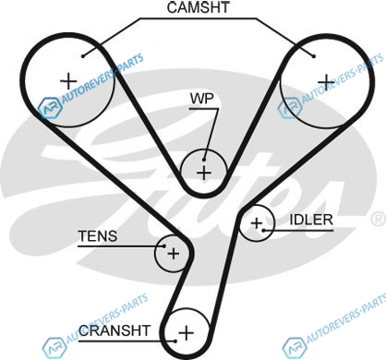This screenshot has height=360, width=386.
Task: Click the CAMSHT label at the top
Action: [198, 7]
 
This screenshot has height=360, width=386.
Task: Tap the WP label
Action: [201, 99]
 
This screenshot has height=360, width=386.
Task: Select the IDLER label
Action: [311, 220]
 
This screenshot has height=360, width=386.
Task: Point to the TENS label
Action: [98, 236]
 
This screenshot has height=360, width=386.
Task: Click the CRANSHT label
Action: [115, 330]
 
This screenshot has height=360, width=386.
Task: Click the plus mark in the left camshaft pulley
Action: [68, 81]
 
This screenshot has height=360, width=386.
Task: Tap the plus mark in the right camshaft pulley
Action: [326, 82]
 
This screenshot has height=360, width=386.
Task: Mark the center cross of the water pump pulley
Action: [204, 173]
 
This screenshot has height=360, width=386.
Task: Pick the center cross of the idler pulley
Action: [257, 223]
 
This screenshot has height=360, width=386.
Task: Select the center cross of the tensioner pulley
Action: [174, 254]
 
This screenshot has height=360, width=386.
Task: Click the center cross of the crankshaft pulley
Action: [187, 332]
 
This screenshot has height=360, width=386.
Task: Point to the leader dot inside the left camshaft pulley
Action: [83, 56]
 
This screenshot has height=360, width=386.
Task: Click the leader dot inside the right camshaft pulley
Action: [314, 56]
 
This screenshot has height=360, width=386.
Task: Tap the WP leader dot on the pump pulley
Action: [204, 160]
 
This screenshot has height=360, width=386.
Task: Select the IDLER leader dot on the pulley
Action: [263, 230]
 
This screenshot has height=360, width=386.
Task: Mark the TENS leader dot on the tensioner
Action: [164, 246]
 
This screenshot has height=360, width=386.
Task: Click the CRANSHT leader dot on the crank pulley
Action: [175, 341]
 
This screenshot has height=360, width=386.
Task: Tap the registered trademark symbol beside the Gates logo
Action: [379, 219]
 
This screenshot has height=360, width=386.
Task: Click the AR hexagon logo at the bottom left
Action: [54, 348]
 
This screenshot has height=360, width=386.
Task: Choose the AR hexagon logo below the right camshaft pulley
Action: [290, 108]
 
